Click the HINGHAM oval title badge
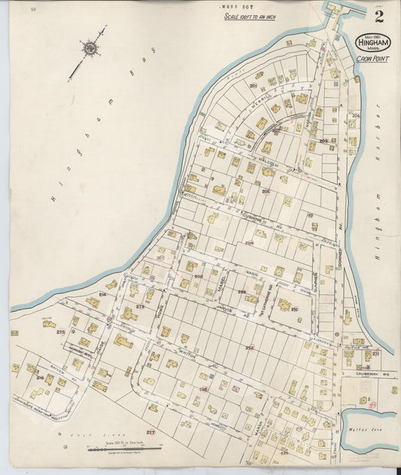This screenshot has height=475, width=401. [x=373, y=43]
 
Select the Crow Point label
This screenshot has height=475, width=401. [x=373, y=59]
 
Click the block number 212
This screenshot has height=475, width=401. [x=250, y=347]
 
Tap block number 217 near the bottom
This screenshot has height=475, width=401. [x=150, y=432]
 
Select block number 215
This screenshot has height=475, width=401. [x=60, y=331]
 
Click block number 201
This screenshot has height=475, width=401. [x=253, y=86]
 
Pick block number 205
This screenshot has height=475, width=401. [x=266, y=191]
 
